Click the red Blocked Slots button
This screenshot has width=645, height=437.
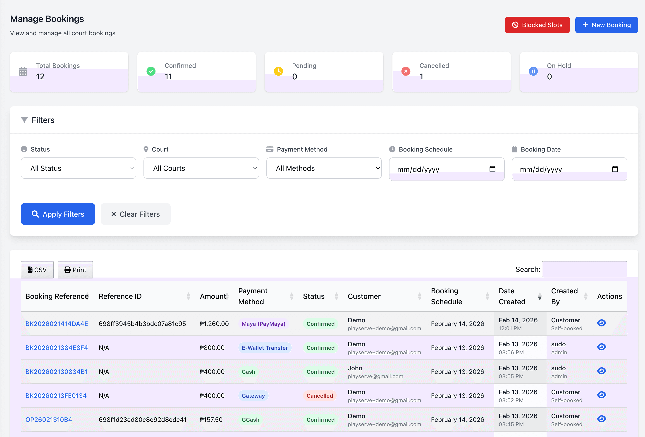click(x=537, y=25)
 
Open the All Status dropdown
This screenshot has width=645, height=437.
click(x=78, y=168)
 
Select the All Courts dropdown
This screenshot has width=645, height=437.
click(x=201, y=168)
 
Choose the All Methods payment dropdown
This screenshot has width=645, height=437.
click(x=324, y=168)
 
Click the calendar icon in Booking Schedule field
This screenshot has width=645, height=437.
click(x=492, y=169)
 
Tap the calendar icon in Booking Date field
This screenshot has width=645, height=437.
click(x=615, y=169)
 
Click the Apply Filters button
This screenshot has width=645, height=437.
click(x=58, y=214)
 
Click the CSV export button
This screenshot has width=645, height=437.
click(x=37, y=270)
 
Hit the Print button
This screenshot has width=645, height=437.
click(x=75, y=270)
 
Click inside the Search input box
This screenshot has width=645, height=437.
click(x=584, y=269)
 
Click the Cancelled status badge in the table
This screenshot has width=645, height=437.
click(x=320, y=396)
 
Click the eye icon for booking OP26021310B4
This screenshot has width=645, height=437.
click(x=601, y=419)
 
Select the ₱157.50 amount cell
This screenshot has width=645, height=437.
click(x=211, y=420)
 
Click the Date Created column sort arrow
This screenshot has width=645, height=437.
click(x=540, y=296)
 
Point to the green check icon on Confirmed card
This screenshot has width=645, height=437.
click(x=151, y=71)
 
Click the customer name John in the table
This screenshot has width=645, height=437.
click(x=355, y=368)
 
